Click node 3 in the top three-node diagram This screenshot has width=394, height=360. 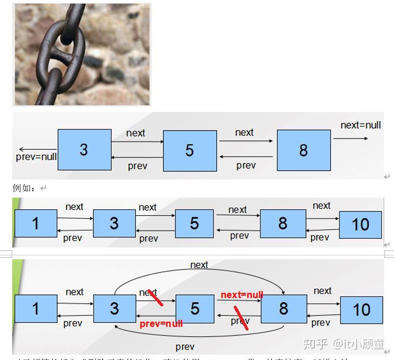[84, 150]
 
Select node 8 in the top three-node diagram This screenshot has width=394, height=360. [304, 150]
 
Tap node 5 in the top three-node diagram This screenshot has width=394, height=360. [190, 151]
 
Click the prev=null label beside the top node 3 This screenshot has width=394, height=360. [36, 157]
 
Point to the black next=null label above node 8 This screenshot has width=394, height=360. [361, 125]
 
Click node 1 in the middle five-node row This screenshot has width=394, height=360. [36, 224]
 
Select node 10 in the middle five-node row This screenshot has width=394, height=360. [360, 225]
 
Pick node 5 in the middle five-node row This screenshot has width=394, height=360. [194, 224]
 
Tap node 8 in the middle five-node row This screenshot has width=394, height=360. [283, 224]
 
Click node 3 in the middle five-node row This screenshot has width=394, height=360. [114, 224]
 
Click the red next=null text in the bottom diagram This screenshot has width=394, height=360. [242, 295]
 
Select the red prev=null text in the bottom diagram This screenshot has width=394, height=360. [161, 324]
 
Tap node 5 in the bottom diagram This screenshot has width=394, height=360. [195, 309]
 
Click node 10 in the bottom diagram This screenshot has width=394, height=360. [361, 310]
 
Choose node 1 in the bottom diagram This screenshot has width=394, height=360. [36, 309]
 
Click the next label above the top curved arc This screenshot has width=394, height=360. [199, 265]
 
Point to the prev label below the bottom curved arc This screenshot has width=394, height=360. [185, 347]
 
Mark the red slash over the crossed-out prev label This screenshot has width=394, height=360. [241, 318]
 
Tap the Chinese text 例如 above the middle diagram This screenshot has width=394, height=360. [23, 188]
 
